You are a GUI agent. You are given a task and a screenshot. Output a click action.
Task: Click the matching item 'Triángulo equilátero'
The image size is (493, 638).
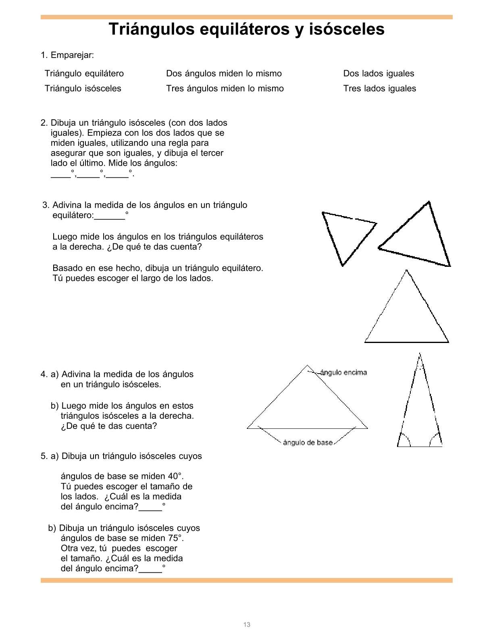[84, 73]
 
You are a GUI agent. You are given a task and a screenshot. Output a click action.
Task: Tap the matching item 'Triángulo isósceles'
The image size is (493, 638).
[83, 88]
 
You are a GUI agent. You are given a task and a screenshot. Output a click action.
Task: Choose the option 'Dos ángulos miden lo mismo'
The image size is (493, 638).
[224, 73]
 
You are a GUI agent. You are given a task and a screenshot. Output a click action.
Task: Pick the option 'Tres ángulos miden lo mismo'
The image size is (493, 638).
[225, 88]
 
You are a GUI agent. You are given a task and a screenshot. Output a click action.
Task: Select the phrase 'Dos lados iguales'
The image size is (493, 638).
[379, 73]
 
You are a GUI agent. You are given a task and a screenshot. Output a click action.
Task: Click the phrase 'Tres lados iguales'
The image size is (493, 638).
[379, 88]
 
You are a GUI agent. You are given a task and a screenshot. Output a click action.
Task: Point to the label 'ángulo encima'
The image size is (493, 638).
[343, 372]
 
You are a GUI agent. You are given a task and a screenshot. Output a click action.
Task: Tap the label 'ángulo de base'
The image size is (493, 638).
[308, 443]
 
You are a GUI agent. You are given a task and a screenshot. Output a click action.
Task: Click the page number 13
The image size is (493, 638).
[247, 624]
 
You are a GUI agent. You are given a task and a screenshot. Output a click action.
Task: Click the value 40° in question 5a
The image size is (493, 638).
[175, 476]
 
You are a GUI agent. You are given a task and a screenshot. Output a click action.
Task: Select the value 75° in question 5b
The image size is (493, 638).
[175, 538]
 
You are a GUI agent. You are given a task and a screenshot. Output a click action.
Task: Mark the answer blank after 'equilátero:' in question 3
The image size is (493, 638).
[110, 216]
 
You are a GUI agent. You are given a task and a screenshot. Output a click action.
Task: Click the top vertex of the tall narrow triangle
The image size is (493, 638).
[420, 354]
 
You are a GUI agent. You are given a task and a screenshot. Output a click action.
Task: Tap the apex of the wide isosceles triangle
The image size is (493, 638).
[307, 366]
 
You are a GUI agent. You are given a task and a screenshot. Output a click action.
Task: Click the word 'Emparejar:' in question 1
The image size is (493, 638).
[72, 55]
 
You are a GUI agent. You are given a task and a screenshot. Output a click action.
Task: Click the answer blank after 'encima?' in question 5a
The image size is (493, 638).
[150, 508]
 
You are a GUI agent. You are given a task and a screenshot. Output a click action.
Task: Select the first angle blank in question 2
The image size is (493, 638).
[60, 175]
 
